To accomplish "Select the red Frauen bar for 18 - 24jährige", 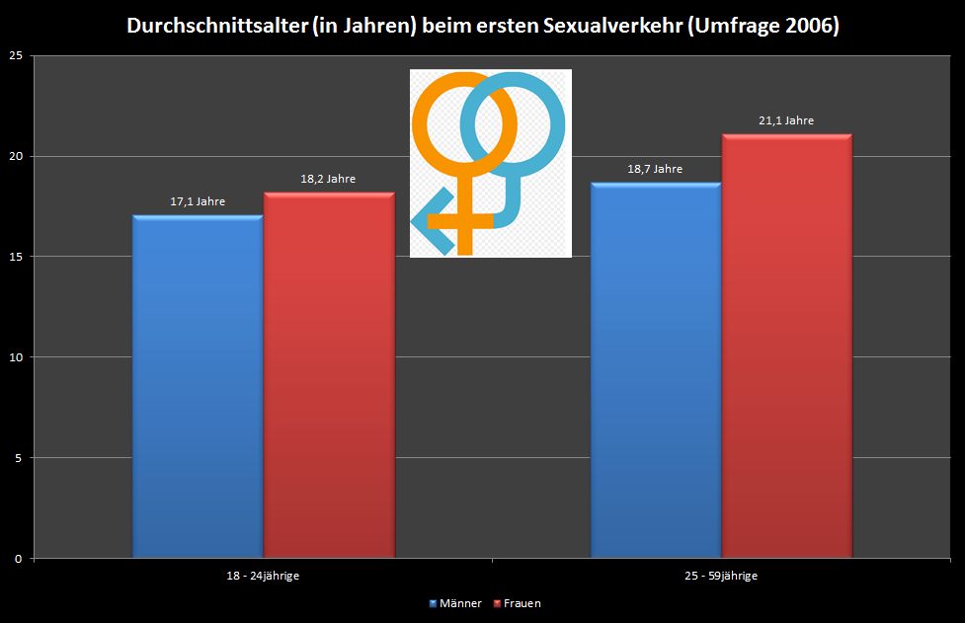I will [x=329, y=375].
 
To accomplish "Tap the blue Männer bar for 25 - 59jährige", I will [x=656, y=370].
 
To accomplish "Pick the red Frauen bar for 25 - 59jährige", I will [x=786, y=346].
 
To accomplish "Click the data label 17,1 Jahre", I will [x=198, y=201].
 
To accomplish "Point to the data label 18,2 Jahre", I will [x=328, y=179].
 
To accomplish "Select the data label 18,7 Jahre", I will [x=655, y=169].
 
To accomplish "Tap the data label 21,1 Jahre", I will [x=786, y=120].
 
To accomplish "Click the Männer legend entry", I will [x=456, y=603].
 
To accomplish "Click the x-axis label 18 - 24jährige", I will [x=263, y=576].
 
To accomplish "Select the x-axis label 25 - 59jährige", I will [x=721, y=576].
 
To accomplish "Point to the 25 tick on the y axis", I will [x=15, y=56].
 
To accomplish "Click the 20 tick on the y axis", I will [x=15, y=156].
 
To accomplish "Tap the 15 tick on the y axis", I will [x=15, y=257].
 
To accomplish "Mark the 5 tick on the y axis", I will [x=18, y=457].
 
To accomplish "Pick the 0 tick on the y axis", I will [x=18, y=558].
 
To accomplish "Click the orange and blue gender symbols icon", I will [x=490, y=163].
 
